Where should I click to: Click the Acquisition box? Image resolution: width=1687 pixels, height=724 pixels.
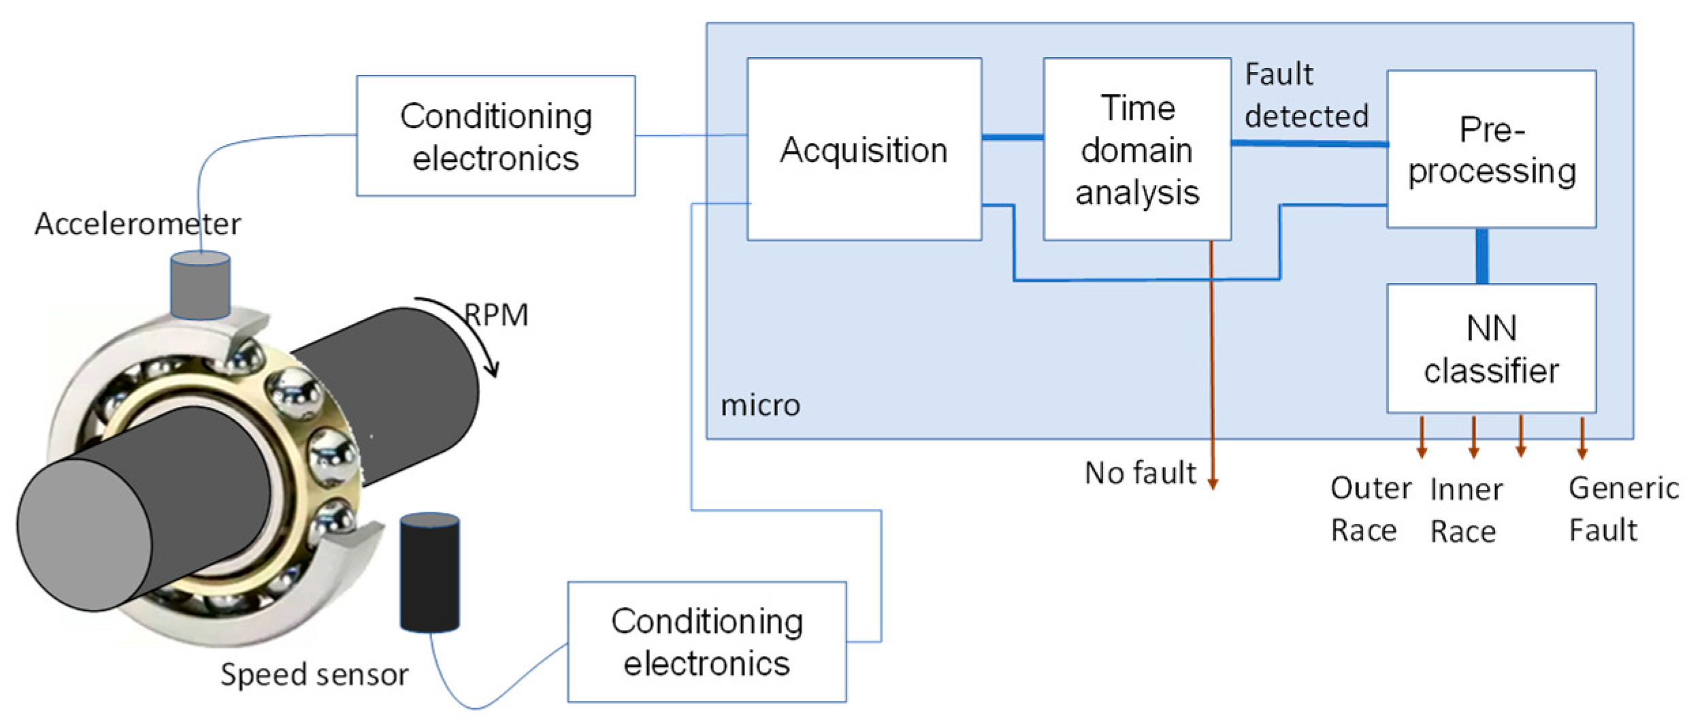tap(864, 149)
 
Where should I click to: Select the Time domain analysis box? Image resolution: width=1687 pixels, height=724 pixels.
tap(1136, 149)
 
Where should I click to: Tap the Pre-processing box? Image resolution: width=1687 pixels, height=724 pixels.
tap(1491, 149)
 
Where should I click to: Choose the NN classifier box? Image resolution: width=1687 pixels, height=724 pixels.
tap(1491, 348)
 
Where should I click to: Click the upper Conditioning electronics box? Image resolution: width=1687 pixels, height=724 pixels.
tap(495, 136)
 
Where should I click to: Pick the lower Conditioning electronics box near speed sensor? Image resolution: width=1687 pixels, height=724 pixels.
tap(706, 642)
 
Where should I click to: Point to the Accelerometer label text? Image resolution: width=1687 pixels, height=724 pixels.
tap(137, 224)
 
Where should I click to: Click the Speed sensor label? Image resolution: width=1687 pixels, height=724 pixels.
tap(314, 674)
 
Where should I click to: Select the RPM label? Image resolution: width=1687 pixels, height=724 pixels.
tap(497, 315)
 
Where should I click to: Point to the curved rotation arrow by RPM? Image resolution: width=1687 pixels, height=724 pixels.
tap(470, 327)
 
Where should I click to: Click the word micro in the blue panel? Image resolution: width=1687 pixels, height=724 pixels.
tap(760, 406)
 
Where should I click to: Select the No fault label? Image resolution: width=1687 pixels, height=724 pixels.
tap(1140, 473)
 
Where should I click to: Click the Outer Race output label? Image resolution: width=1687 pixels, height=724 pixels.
tap(1369, 509)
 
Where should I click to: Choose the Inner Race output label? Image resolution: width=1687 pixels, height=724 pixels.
tap(1465, 510)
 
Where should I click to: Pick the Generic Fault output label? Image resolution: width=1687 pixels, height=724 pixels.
tap(1622, 509)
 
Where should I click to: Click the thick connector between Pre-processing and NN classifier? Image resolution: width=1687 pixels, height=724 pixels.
tap(1481, 256)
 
